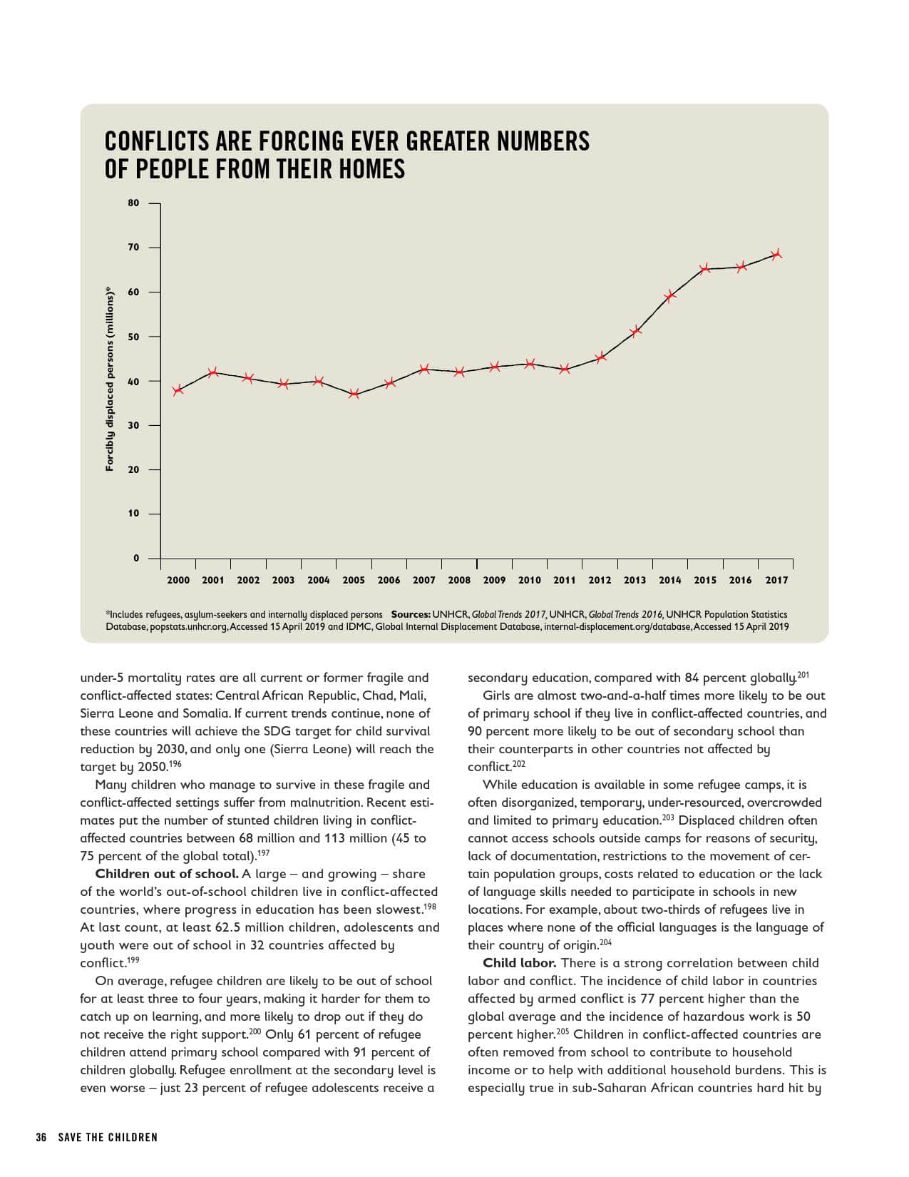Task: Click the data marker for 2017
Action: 776,254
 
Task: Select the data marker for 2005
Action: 354,394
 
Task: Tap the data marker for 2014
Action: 670,296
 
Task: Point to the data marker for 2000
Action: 178,389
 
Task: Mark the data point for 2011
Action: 565,369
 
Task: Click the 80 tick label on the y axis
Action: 134,203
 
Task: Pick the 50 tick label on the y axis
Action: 134,337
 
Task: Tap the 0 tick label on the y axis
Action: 136,559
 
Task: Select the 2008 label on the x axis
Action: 459,581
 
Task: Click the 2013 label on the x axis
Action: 635,581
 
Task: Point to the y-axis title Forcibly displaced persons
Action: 110,379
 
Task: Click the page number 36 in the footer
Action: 41,1137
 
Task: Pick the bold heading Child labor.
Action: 519,963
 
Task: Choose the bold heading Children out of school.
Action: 167,874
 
